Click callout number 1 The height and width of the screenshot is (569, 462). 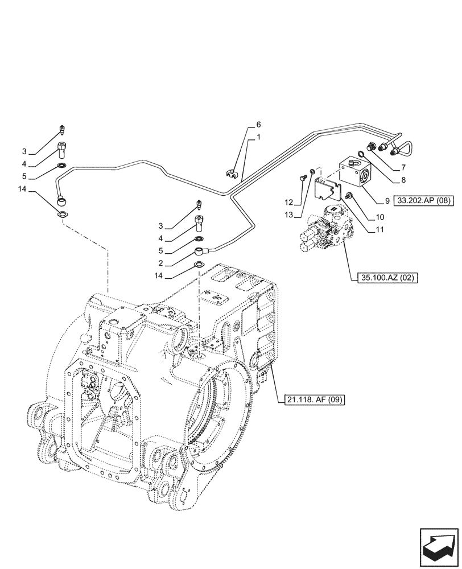pyautogui.click(x=258, y=137)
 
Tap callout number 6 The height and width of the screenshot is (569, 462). pyautogui.click(x=258, y=124)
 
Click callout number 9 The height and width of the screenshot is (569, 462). pyautogui.click(x=386, y=200)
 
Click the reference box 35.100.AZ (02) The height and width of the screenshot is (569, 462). pyautogui.click(x=388, y=278)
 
